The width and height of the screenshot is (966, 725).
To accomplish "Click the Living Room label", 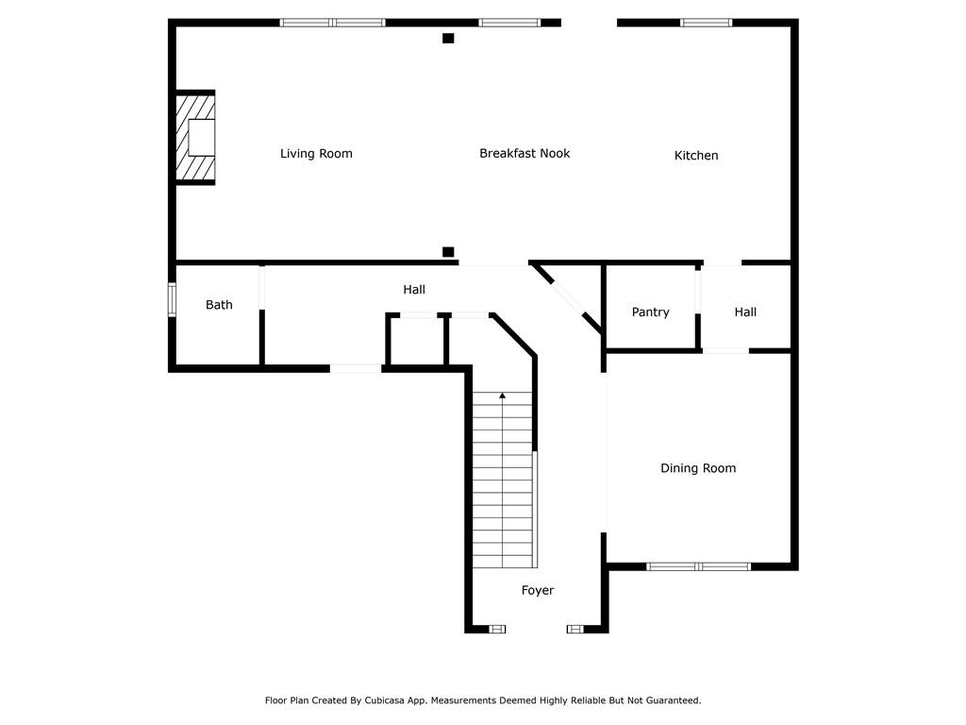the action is tap(316, 154).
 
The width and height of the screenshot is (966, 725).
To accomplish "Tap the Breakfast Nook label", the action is tap(525, 153).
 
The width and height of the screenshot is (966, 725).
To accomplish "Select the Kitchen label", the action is tap(696, 156).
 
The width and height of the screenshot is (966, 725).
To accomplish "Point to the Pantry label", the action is tap(650, 312).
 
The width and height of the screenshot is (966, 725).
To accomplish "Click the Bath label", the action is tap(219, 305).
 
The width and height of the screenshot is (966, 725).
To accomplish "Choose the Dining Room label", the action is tap(698, 468).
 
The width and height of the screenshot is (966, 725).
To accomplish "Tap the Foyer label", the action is tap(537, 591).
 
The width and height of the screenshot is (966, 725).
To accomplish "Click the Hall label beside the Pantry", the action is tap(745, 312).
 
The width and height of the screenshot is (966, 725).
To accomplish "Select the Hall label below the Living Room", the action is tap(414, 289).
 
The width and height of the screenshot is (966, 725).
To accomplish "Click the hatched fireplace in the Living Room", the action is tap(195, 138).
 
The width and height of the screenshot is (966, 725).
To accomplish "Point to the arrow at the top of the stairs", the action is tap(503, 396).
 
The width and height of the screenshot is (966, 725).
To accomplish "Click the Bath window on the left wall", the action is tap(172, 299).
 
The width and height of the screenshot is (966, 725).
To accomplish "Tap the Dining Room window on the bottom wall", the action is tap(699, 566).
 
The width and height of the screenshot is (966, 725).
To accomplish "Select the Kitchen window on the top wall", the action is tap(706, 23).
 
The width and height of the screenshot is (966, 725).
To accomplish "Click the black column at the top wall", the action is tap(448, 38).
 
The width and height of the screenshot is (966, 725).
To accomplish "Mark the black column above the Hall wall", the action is tap(448, 251).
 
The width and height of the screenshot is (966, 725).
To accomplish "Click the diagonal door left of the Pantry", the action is tap(566, 298).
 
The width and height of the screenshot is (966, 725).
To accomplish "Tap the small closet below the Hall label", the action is tap(416, 340).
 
